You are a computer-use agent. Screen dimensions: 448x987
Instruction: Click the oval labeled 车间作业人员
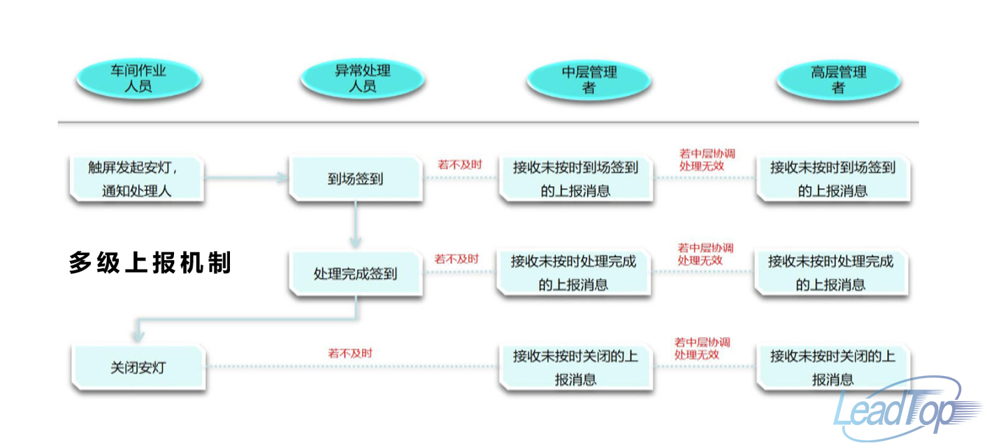(138, 79)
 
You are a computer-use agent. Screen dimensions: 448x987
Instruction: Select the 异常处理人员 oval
(362, 79)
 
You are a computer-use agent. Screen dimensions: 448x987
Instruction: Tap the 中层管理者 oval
(589, 79)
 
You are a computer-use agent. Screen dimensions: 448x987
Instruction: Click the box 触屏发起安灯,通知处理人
(137, 179)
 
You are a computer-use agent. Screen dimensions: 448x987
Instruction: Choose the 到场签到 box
(356, 179)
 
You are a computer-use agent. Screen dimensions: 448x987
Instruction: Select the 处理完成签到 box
(356, 273)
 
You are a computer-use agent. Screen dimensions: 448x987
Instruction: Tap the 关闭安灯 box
(138, 367)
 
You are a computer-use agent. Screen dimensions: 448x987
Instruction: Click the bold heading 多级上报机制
(150, 263)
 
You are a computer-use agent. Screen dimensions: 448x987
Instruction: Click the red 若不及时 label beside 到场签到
(459, 164)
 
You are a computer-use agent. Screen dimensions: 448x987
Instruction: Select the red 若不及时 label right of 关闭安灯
(350, 354)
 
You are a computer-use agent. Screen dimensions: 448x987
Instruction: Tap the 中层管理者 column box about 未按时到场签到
(575, 179)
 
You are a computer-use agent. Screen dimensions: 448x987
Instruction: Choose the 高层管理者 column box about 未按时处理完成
(831, 273)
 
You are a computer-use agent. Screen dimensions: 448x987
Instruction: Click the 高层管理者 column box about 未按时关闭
(833, 368)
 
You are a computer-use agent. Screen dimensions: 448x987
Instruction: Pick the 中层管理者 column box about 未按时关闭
(575, 368)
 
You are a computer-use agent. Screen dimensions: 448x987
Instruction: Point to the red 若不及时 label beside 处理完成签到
(456, 259)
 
